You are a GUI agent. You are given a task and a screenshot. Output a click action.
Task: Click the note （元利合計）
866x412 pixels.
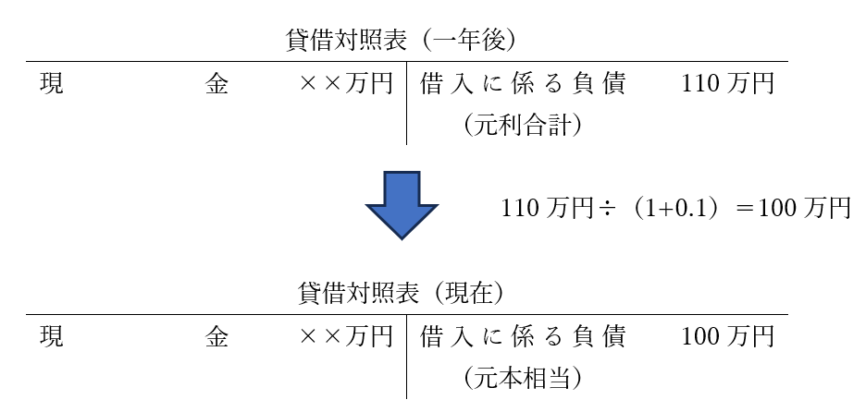point(522,126)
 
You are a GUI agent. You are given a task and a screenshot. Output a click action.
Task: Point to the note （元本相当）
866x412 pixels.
point(522,379)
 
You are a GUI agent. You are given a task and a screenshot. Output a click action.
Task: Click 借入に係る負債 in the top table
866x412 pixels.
point(522,85)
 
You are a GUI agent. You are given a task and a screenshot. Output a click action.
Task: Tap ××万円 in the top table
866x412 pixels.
point(346,85)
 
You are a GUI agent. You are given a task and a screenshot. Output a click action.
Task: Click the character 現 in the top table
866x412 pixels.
point(51,85)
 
